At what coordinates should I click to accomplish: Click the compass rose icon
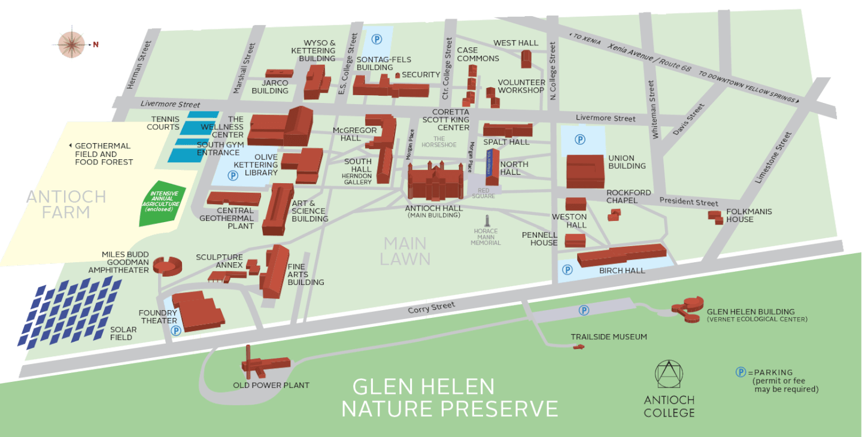(x=72, y=43)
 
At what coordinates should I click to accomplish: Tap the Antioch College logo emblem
(x=669, y=375)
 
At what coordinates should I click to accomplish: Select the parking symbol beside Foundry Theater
(x=176, y=330)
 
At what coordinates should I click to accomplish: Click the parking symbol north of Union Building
(x=579, y=139)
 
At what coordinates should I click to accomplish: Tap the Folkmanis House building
(x=715, y=217)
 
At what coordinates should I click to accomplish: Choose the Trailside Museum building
(x=579, y=347)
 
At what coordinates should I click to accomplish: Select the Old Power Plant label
(x=271, y=385)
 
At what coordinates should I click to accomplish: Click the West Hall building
(x=526, y=59)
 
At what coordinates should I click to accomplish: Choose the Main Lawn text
(x=405, y=251)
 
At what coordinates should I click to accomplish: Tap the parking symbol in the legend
(x=740, y=372)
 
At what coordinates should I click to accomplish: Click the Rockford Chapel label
(x=628, y=196)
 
